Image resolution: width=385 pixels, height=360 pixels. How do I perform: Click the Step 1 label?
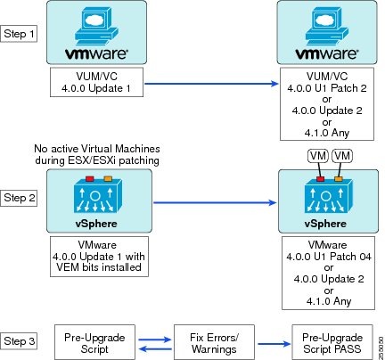[x=19, y=34]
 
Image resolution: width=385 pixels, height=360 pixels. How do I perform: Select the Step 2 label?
[x=20, y=198]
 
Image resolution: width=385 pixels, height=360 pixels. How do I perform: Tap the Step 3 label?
[x=20, y=341]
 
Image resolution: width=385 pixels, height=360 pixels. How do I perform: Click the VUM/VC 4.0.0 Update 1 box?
[x=96, y=82]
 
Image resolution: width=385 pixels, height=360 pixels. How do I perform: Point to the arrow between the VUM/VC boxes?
[x=211, y=84]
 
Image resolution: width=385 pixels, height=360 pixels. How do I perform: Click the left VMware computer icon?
[x=96, y=25]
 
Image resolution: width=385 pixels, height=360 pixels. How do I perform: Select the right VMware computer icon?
[x=327, y=25]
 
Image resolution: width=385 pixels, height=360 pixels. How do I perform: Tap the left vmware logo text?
[x=96, y=53]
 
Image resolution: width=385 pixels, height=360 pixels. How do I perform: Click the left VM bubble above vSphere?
[x=318, y=156]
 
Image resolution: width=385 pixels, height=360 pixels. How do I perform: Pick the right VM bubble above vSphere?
[x=342, y=156]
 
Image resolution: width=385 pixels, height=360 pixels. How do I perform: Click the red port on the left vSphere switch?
[x=90, y=178]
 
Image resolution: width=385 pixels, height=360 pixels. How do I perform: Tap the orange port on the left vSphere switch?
[x=108, y=178]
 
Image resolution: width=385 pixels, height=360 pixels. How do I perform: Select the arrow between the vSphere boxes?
[x=215, y=202]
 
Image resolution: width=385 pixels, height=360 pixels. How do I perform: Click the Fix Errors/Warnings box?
[x=214, y=342]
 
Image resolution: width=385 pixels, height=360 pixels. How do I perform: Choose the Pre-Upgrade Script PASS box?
[x=332, y=342]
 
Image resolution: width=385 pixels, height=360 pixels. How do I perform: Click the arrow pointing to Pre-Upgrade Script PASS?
[x=274, y=344]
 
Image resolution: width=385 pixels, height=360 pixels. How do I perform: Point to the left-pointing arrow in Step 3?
[x=155, y=348]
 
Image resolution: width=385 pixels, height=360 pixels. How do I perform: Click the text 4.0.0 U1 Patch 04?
[x=329, y=257]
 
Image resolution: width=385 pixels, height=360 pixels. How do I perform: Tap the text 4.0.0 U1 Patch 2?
[x=327, y=88]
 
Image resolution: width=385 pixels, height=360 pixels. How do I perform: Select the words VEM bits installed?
[x=99, y=267]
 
